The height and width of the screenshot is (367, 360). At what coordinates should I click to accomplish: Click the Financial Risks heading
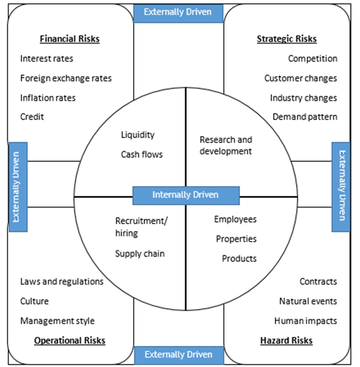coord(69,39)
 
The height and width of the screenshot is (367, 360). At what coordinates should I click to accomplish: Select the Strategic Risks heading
coord(287,39)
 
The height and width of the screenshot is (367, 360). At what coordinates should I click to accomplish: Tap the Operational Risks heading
coord(70,340)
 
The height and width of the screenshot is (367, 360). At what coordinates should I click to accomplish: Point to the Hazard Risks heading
coord(287,340)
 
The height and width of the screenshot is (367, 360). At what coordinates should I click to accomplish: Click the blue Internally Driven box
coord(186,195)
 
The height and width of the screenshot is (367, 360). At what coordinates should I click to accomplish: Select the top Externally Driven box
coord(178,12)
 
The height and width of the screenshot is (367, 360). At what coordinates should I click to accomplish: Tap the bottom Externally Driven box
coord(178,355)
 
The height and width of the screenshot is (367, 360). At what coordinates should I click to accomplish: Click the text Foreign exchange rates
coord(66,78)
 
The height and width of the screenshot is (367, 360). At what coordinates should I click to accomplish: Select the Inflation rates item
coord(48,98)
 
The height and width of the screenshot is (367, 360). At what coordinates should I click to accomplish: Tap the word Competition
coord(312,58)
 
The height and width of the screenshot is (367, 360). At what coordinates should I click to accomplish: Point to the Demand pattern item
coord(305,117)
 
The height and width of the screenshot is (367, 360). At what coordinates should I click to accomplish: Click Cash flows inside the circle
coord(142,155)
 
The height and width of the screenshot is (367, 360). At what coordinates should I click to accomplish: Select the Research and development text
coord(226,145)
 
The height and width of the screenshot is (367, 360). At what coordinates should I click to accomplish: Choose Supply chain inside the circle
coord(140,254)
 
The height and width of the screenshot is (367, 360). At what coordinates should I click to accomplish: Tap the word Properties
coord(236,239)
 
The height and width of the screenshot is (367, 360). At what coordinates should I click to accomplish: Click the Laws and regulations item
coord(62,281)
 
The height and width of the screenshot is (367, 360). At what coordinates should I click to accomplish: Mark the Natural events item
coord(308,301)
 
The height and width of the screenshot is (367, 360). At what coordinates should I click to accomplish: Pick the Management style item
coord(58,321)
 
